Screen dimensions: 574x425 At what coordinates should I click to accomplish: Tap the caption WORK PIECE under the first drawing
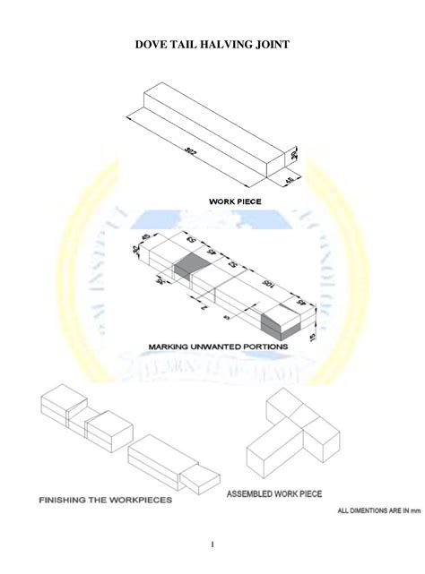[x=235, y=202]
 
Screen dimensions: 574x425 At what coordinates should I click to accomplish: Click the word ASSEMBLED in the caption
[x=253, y=493]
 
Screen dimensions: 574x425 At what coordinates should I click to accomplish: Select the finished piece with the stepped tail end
[x=170, y=460]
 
